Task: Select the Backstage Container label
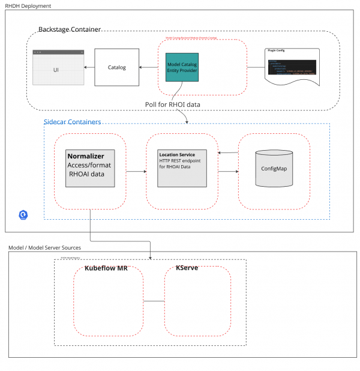pos(70,29)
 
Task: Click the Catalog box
pos(116,67)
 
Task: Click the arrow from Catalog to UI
pos(88,67)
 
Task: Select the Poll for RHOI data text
pos(172,104)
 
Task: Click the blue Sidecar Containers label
pos(72,122)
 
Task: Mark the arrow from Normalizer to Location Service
pos(131,171)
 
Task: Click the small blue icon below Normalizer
pos(24,214)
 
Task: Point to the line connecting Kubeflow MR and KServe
pos(154,301)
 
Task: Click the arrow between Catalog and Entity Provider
pos(151,67)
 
